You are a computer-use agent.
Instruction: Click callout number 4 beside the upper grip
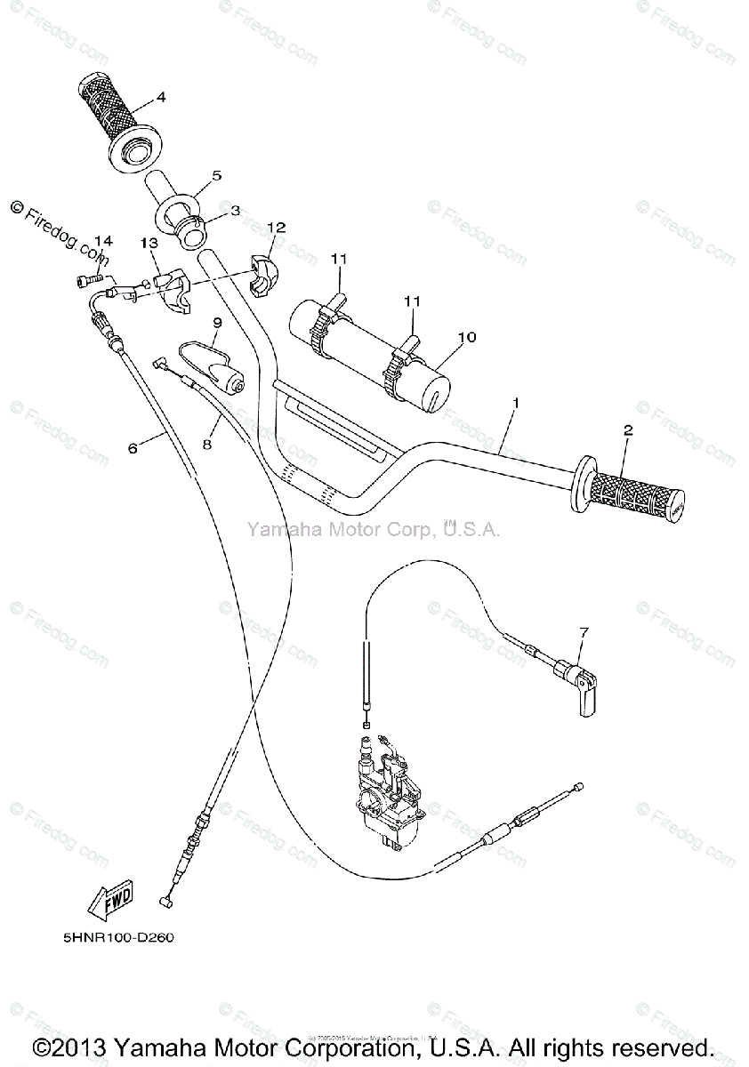pos(161,96)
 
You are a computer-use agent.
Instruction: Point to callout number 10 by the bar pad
pos(467,337)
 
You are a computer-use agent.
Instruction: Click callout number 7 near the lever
pos(584,632)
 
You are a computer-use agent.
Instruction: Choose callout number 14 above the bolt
pos(104,241)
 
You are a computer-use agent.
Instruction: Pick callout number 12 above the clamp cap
pos(277,228)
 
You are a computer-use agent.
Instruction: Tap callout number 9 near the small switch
pos(215,321)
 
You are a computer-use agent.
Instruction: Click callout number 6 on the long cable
pos(133,448)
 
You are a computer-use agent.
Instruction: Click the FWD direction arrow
pos(110,903)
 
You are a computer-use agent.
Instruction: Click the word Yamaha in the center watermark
pos(278,531)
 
